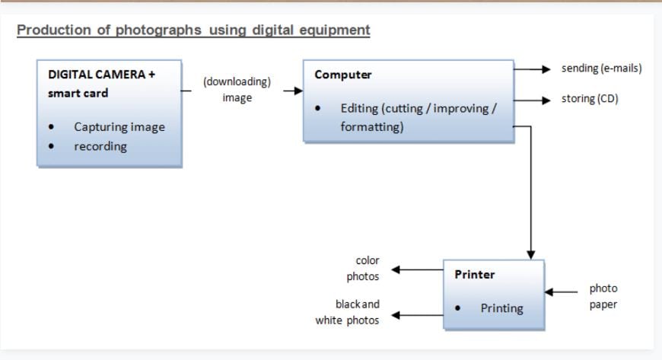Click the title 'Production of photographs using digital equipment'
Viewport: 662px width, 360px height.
[x=193, y=30]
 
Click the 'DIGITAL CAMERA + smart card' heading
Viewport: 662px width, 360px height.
[x=102, y=84]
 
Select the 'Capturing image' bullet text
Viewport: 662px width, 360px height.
[x=119, y=127]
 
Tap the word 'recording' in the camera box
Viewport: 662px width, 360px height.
[x=100, y=146]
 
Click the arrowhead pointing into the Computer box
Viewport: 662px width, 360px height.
[x=298, y=91]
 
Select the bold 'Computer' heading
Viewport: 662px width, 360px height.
[x=343, y=75]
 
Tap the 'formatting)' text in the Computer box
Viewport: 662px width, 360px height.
[x=372, y=127]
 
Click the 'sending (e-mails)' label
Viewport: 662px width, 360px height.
[x=601, y=68]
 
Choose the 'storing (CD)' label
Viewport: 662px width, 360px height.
[x=590, y=99]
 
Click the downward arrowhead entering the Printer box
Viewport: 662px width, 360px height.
[x=530, y=254]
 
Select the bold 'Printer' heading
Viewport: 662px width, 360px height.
[x=475, y=275]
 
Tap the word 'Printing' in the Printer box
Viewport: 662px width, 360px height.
[x=501, y=308]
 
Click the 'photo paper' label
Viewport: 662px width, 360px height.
[x=603, y=297]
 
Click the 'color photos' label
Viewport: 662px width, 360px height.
[x=363, y=269]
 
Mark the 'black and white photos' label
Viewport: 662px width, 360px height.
[x=349, y=312]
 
